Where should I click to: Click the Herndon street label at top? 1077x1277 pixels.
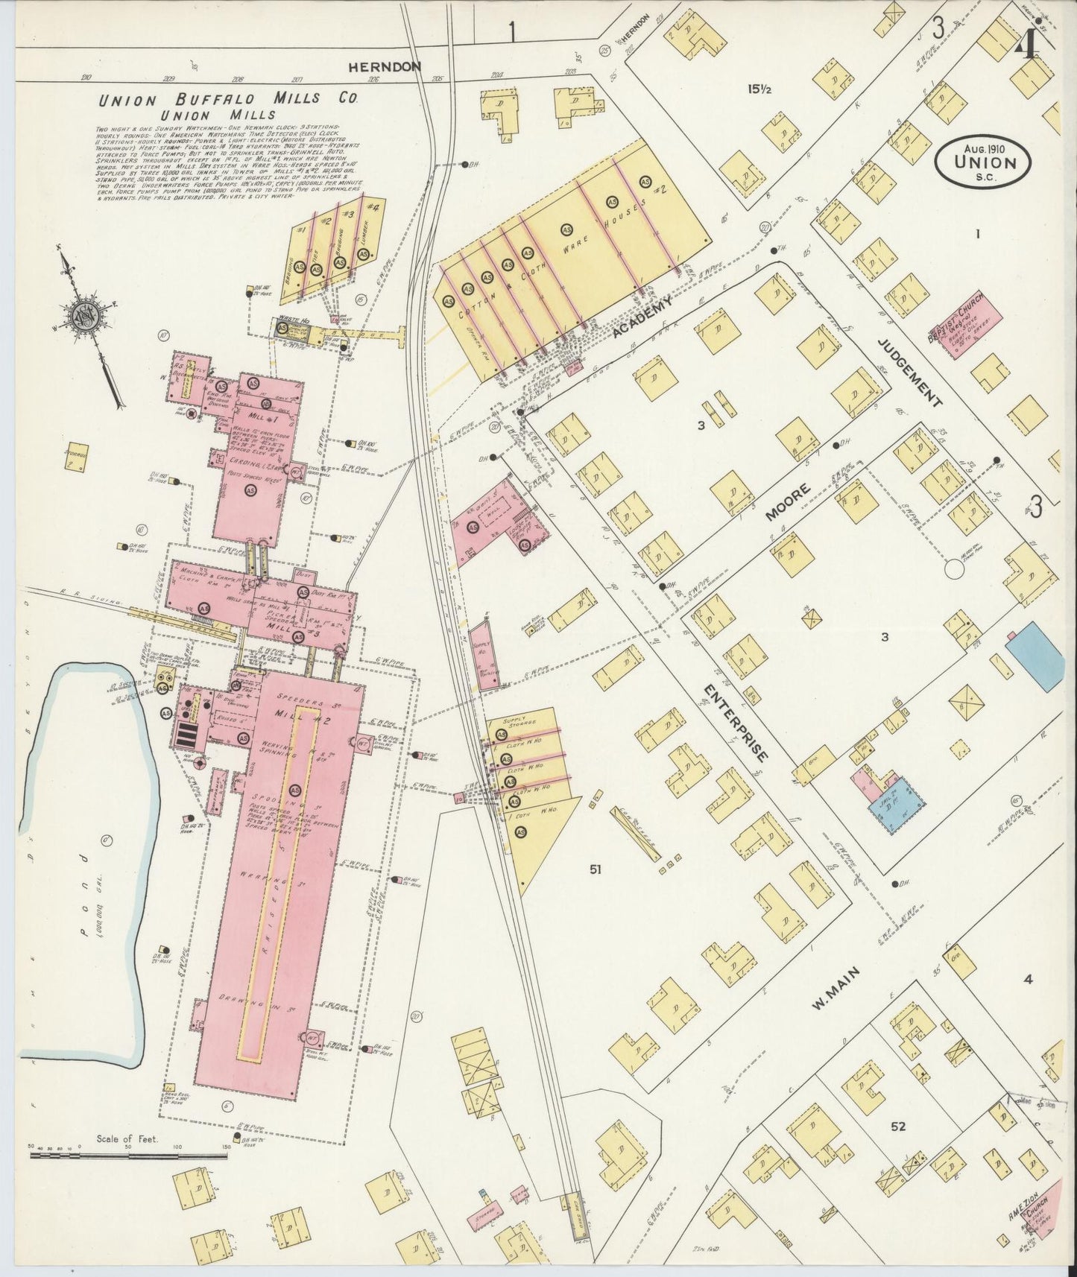[x=385, y=67]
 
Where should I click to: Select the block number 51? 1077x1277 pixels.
[x=595, y=869]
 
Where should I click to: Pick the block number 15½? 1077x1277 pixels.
[x=759, y=89]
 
